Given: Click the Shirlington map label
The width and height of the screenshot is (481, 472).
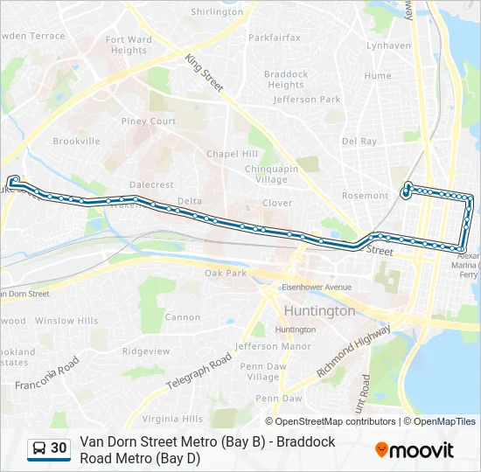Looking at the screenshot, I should pyautogui.click(x=217, y=12).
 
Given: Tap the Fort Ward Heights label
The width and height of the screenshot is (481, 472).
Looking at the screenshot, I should pyautogui.click(x=129, y=45).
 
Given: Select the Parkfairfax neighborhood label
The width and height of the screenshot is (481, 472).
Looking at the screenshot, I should pyautogui.click(x=274, y=38).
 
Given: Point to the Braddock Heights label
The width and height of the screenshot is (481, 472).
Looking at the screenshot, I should pyautogui.click(x=286, y=80).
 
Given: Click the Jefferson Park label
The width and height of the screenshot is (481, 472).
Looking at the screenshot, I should pyautogui.click(x=307, y=100).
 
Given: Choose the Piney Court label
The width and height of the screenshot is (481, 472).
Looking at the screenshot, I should pyautogui.click(x=149, y=121).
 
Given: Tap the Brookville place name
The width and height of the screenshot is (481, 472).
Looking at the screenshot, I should pyautogui.click(x=77, y=141).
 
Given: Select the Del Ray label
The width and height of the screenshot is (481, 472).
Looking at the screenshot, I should pyautogui.click(x=359, y=141).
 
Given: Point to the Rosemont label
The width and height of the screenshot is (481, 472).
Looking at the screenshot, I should pyautogui.click(x=365, y=196).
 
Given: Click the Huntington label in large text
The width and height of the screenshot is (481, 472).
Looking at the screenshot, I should pyautogui.click(x=319, y=310).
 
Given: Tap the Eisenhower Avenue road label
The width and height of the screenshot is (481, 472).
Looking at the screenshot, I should pyautogui.click(x=316, y=287).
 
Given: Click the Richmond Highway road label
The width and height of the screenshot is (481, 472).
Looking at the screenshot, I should pyautogui.click(x=353, y=351).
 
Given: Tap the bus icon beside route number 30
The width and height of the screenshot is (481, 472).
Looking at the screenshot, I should pyautogui.click(x=38, y=448).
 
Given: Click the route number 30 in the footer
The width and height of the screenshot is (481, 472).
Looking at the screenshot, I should pyautogui.click(x=59, y=448).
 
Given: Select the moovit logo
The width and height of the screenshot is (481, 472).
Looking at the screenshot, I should pyautogui.click(x=415, y=450).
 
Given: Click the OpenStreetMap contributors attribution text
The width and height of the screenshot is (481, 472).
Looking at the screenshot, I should pyautogui.click(x=336, y=421).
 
